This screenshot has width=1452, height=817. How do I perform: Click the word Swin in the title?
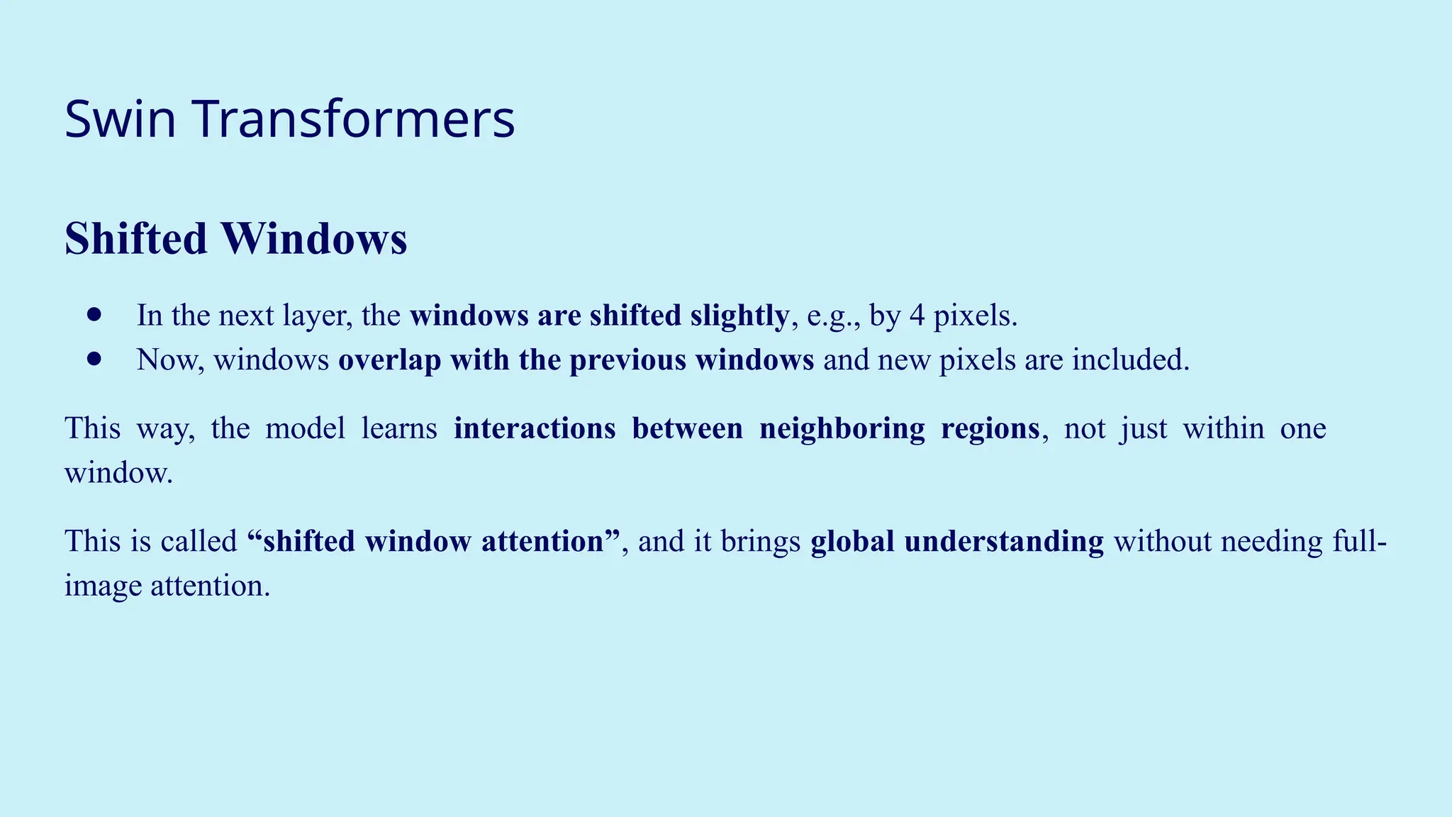pos(120,118)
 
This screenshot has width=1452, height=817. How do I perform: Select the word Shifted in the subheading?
pos(135,238)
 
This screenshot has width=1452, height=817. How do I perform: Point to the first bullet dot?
pos(94,314)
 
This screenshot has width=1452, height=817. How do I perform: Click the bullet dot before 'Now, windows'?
pos(94,359)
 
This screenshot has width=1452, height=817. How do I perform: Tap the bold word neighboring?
pos(842,428)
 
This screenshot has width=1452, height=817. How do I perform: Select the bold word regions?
pos(990,428)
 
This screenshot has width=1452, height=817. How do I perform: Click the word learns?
pos(399,428)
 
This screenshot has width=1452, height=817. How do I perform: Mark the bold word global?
pos(852,541)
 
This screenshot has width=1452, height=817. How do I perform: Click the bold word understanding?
pos(1004,541)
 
